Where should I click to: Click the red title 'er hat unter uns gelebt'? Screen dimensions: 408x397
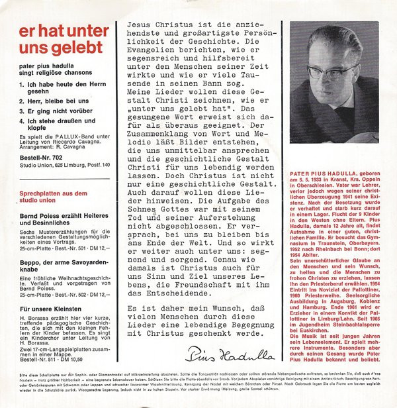pyautogui.click(x=60, y=40)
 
